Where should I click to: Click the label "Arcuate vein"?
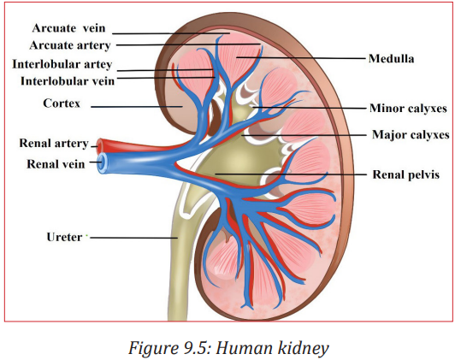pos(68,28)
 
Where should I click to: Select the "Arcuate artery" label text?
pos(70,45)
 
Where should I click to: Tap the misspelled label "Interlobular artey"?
pos(62,64)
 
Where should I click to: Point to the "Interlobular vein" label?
pos(68,81)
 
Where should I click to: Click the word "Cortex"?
pos(62,103)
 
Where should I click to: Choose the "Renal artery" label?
pos(54,144)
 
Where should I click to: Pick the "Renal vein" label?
pos(56,164)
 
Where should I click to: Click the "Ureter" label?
pos(64,237)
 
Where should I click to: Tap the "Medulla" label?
pos(391,59)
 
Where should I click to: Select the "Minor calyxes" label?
pos(408,109)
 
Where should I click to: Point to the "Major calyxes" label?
pos(411,134)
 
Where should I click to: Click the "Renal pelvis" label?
pos(405,174)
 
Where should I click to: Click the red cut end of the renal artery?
pos(100,145)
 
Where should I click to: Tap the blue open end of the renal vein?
pos(102,163)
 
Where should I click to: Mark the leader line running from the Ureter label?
pos(134,238)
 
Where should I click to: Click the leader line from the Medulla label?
pos(301,58)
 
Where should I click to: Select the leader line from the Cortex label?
pos(137,107)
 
